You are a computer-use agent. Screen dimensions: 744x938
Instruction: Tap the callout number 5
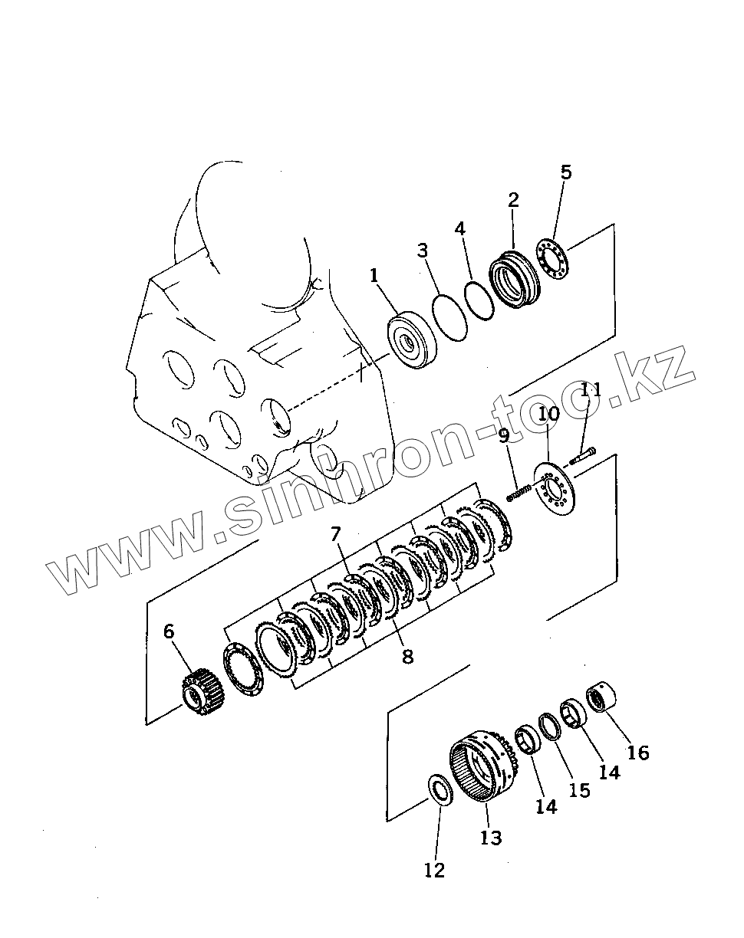[565, 172]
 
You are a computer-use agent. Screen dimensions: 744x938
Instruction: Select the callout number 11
[590, 390]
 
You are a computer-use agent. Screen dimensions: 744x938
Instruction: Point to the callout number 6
[169, 632]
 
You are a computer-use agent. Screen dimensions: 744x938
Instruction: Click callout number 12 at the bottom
[434, 870]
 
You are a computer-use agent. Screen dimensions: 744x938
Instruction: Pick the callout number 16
[637, 753]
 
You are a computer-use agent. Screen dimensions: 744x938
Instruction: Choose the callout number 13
[491, 838]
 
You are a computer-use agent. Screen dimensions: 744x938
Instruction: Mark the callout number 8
[407, 656]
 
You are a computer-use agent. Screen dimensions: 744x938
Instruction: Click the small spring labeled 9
[519, 494]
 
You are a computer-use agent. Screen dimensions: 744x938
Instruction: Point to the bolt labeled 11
[583, 456]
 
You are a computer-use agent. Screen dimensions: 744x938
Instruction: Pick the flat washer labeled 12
[439, 789]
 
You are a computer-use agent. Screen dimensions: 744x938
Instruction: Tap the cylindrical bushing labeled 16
[604, 698]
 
